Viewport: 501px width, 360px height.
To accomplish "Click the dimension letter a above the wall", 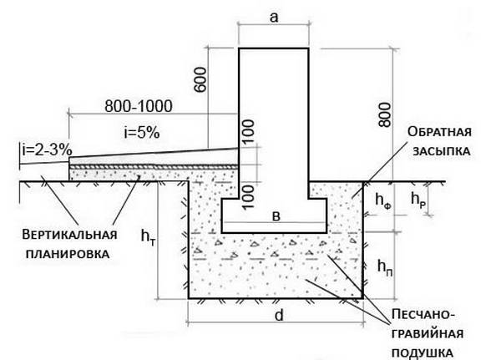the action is pos(274,18).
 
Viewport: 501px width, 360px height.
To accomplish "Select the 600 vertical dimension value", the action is pos(201,79).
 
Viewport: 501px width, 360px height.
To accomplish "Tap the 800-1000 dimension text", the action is pos(139,106).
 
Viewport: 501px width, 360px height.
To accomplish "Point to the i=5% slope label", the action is pos(142,132).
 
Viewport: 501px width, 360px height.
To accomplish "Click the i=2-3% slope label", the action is pos(48,150).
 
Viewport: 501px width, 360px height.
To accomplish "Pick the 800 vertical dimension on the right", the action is pos(384,114).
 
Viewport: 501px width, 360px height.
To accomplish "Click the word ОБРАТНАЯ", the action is pos(439,131).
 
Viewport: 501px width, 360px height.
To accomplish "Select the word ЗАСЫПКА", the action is pos(442,151).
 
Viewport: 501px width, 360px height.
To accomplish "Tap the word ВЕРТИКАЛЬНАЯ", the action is pos(69,235).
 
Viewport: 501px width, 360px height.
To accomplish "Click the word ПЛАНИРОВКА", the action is pos(68,254).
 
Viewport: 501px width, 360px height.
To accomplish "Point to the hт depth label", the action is pos(149,237).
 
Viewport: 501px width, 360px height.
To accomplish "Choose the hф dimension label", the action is pos(383,201).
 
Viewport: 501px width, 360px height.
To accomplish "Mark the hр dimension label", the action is pos(418,200).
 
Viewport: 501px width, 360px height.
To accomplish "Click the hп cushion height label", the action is pos(385,267).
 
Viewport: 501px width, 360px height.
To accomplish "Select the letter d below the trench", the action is pos(279,315).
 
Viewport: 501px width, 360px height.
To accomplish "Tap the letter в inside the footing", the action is pos(276,217).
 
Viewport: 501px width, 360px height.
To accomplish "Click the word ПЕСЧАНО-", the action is pos(423,315).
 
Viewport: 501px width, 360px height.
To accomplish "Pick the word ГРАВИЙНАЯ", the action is pos(428,334).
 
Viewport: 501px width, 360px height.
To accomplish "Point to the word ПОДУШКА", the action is pos(423,353).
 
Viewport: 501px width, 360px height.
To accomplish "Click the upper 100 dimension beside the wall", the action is pos(248,131).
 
